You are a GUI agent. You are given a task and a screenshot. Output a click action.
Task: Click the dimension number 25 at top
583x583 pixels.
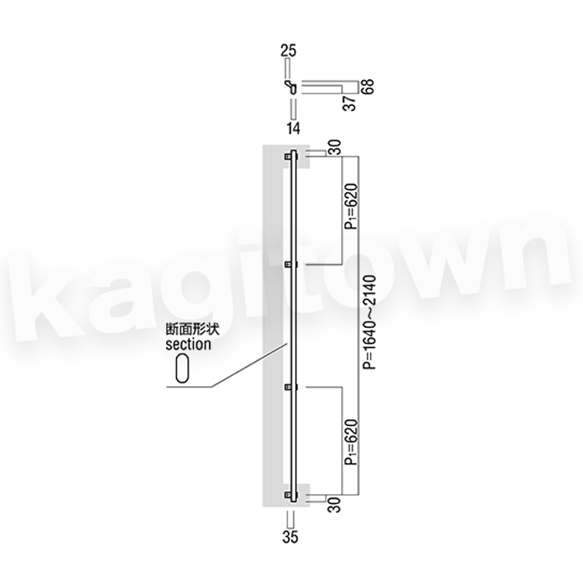[x=289, y=50]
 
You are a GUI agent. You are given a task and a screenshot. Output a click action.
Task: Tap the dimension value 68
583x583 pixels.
[x=368, y=86]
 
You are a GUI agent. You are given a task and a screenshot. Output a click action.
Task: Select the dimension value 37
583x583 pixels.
[x=349, y=103]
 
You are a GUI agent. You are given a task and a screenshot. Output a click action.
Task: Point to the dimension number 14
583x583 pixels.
[x=294, y=128]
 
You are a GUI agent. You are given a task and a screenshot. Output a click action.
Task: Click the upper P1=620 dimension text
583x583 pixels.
[x=351, y=206]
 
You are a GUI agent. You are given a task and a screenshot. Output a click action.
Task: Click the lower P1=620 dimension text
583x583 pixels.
[x=351, y=442]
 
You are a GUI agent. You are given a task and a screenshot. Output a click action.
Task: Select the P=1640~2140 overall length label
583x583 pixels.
[x=370, y=322]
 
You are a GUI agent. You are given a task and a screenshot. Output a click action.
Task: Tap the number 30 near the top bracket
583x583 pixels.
[x=335, y=147]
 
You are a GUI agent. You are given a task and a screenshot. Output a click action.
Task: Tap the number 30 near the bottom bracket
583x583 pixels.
[x=335, y=505]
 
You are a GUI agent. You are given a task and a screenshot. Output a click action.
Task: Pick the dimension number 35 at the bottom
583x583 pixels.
[x=290, y=537]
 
